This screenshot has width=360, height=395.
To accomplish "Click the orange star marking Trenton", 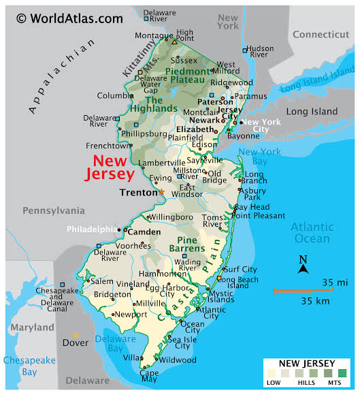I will pos(162,192).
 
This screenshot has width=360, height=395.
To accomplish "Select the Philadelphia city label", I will pos(92,229).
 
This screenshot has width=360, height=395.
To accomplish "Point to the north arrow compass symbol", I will pos(304,264).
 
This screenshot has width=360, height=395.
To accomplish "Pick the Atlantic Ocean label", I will pos(313,233).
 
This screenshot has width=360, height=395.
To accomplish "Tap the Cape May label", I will pos(149,377).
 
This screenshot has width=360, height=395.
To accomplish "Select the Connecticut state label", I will pos(321,35).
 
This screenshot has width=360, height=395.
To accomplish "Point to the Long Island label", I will pos(312,111).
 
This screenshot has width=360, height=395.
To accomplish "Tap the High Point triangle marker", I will pos(174,42).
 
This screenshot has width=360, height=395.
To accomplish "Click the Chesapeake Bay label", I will pos(20,366).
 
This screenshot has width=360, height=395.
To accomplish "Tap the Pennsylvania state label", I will pos(53,210).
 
